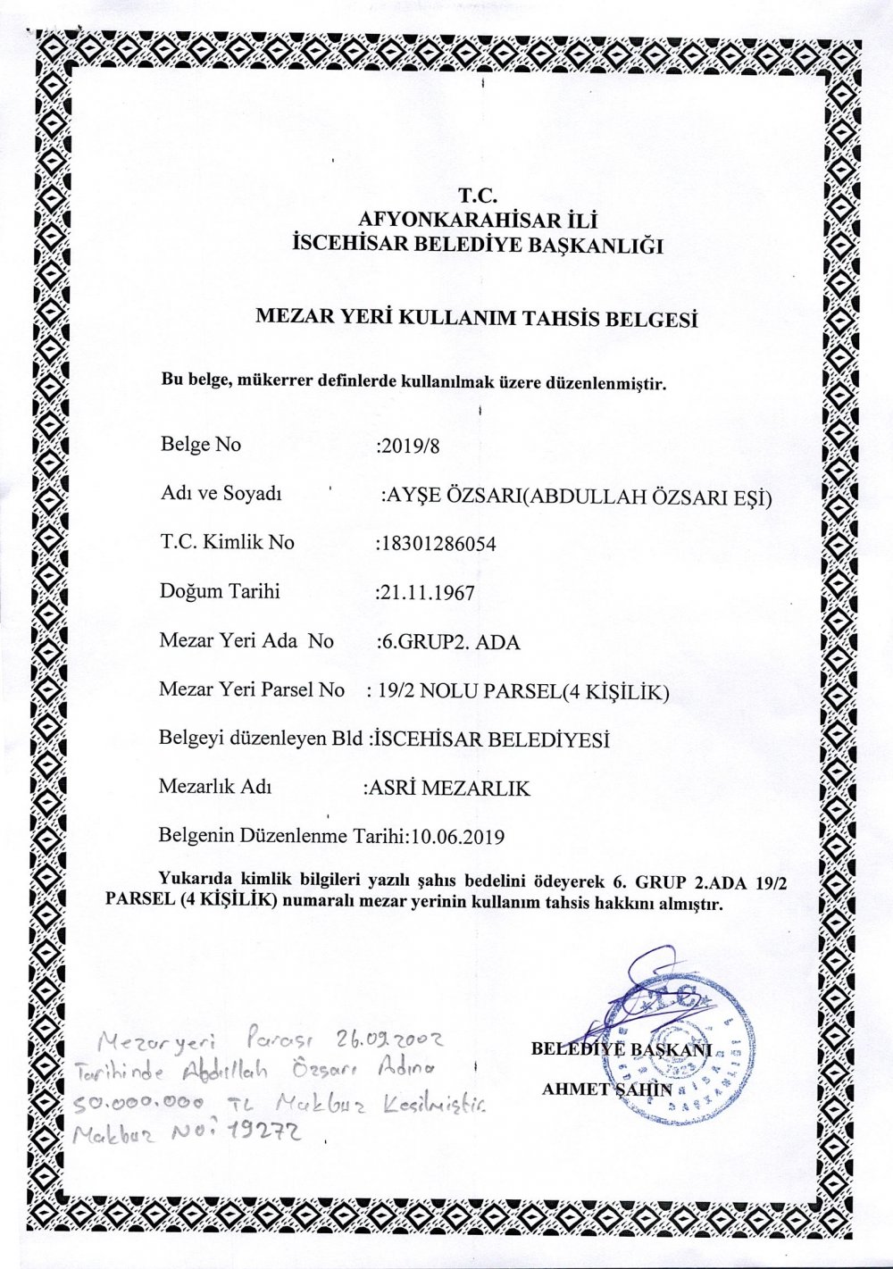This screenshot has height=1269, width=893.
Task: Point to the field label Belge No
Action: coord(200,444)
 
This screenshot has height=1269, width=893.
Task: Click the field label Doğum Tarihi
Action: coord(220,591)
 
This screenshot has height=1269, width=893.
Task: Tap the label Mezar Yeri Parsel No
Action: coord(251,689)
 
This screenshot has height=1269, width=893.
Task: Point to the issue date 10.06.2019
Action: coord(458,838)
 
